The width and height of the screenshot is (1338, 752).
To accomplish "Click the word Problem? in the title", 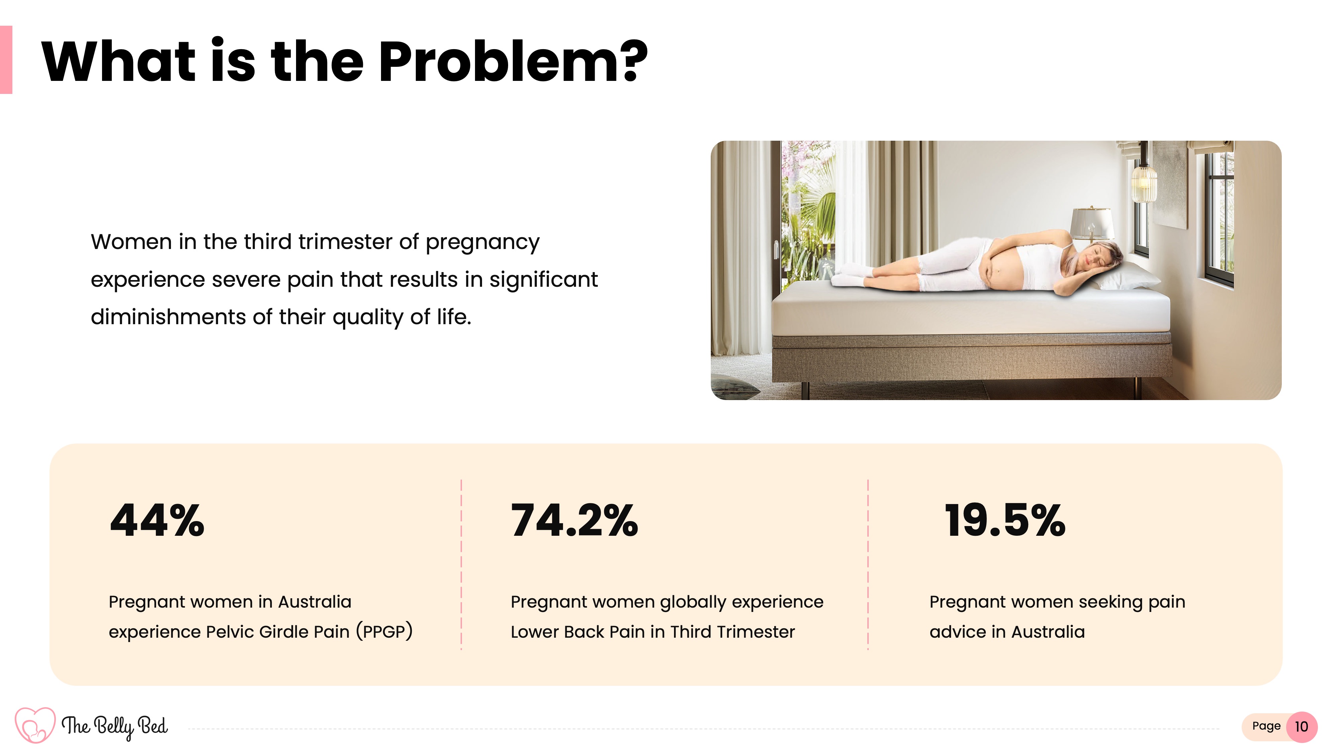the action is click(x=513, y=62).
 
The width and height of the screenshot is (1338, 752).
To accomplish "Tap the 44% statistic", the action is click(x=157, y=520).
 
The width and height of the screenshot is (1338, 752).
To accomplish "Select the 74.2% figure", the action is click(x=574, y=520).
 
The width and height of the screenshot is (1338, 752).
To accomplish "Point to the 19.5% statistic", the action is click(x=1005, y=520).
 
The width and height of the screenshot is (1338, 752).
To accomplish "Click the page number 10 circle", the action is click(x=1301, y=727).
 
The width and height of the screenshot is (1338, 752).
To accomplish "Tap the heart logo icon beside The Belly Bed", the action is click(x=35, y=725).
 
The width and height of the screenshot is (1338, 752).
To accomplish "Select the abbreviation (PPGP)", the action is click(x=384, y=632).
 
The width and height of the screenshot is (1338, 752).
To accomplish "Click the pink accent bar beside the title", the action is click(x=6, y=60).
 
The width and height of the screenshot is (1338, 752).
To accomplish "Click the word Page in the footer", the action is click(x=1266, y=726).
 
